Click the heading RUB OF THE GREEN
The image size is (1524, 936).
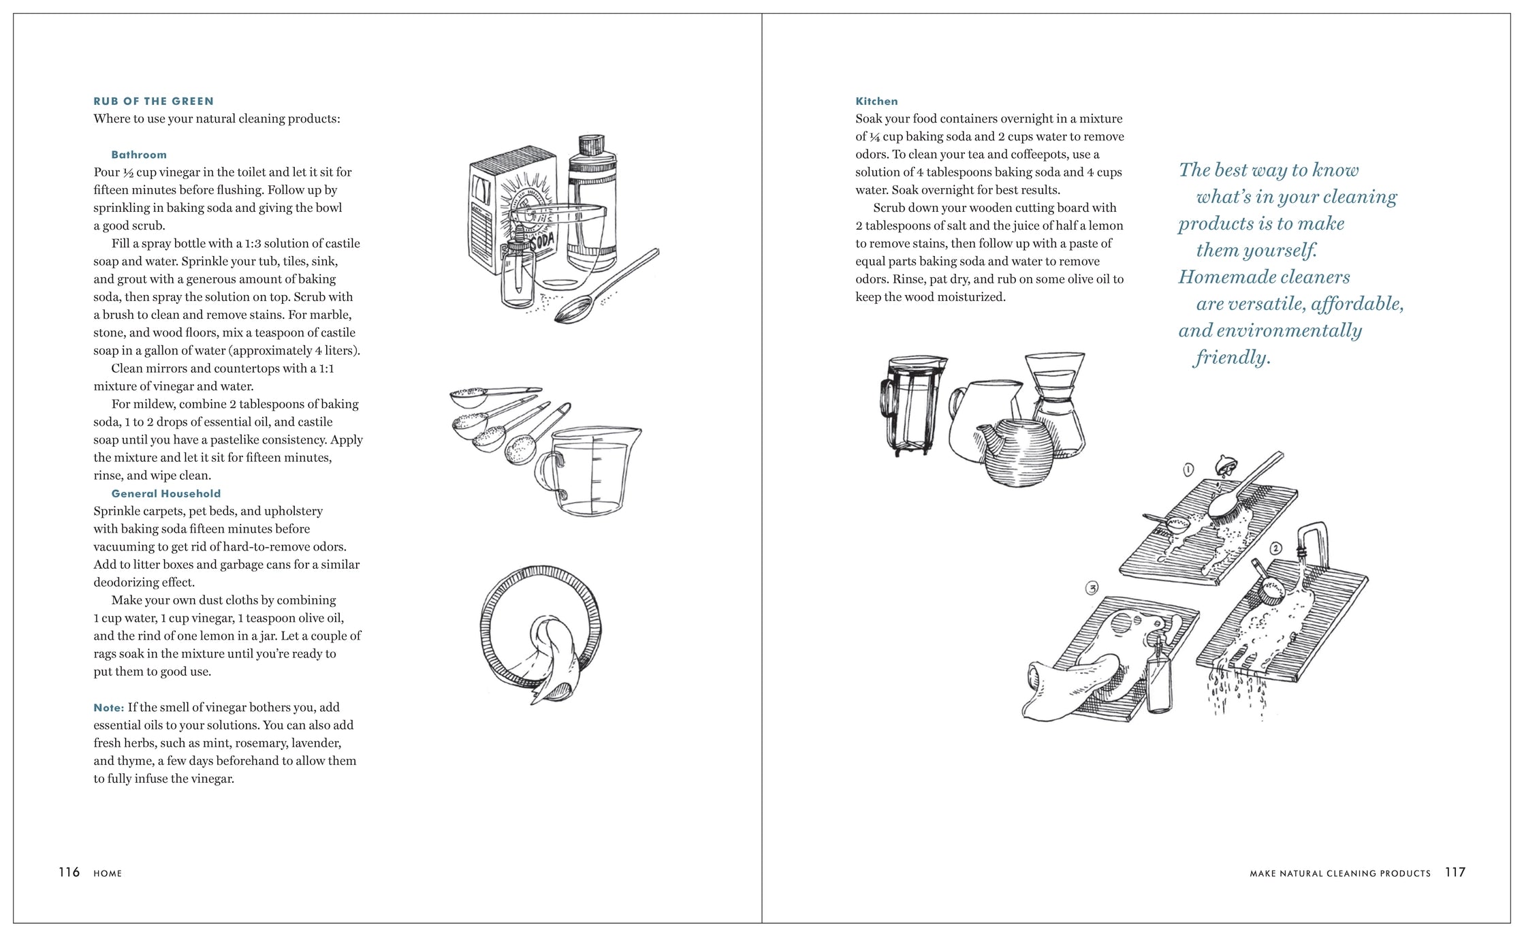pyautogui.click(x=154, y=102)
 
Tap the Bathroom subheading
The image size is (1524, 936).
pyautogui.click(x=139, y=155)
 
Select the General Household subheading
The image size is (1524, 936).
pyautogui.click(x=166, y=493)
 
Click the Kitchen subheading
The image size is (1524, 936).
pyautogui.click(x=876, y=102)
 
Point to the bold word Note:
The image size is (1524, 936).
pyautogui.click(x=109, y=708)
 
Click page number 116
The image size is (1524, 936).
pyautogui.click(x=69, y=872)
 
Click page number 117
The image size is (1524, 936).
pyautogui.click(x=1455, y=872)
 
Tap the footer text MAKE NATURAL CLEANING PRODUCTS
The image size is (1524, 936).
pyautogui.click(x=1340, y=873)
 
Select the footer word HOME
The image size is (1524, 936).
pyautogui.click(x=108, y=873)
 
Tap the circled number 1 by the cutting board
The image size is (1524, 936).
pyautogui.click(x=1188, y=469)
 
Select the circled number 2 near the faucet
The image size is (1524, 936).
pyautogui.click(x=1275, y=548)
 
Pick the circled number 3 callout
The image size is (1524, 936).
pyautogui.click(x=1092, y=588)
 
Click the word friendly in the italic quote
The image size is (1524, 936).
pyautogui.click(x=1232, y=358)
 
